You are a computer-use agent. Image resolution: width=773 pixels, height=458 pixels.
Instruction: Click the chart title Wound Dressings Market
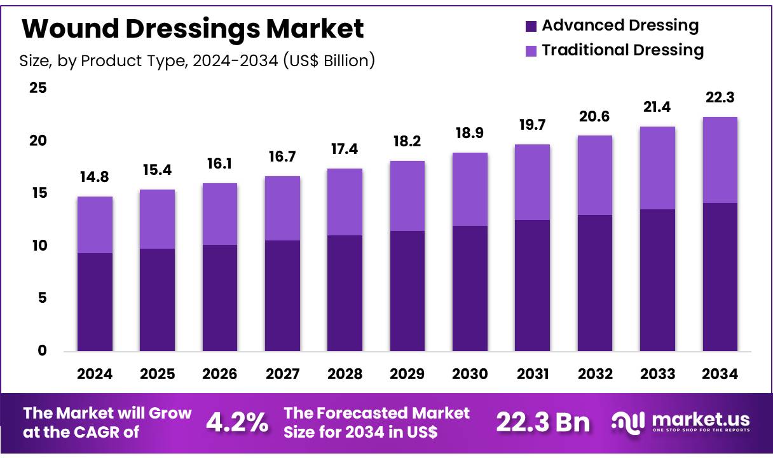click(x=193, y=29)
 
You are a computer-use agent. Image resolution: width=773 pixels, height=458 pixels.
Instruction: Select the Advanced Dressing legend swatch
click(x=531, y=27)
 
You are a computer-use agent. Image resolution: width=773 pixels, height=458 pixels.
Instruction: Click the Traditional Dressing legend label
click(x=622, y=50)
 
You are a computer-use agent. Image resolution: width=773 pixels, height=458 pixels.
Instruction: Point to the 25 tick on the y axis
click(x=38, y=88)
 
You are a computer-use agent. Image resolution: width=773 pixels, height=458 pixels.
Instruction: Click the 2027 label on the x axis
click(x=282, y=374)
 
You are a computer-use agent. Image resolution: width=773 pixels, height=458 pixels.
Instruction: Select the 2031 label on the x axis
click(x=532, y=374)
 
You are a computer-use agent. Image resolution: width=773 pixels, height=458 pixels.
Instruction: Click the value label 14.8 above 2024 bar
click(x=95, y=177)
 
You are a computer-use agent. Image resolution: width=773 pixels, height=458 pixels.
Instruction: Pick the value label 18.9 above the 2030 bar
click(x=470, y=133)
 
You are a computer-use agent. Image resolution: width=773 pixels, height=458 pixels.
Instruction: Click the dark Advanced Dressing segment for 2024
click(x=95, y=302)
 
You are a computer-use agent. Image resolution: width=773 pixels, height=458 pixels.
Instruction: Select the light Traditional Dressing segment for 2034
click(x=720, y=160)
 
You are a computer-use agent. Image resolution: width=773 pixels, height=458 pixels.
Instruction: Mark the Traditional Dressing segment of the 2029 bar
click(x=407, y=196)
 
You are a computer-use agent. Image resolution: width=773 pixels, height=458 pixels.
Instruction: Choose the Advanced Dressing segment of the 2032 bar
click(x=594, y=283)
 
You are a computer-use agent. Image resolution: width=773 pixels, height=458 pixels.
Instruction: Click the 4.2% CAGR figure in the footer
click(x=237, y=422)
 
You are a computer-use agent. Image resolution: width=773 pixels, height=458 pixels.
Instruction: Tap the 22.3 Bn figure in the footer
click(x=542, y=422)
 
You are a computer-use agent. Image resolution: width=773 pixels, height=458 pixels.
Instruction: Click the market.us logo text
click(x=699, y=420)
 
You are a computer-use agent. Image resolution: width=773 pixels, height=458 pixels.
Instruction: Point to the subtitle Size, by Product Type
click(x=197, y=61)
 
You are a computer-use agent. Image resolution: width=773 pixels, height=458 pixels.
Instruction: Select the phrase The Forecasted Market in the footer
click(x=376, y=413)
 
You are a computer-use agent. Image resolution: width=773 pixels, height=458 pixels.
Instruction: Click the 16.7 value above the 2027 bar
click(x=282, y=156)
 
